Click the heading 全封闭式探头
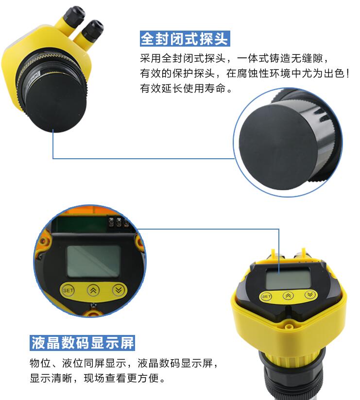[x=185, y=39]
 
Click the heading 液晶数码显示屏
[x=82, y=343]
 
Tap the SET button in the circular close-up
[x=68, y=290]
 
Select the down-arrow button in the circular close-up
[x=119, y=290]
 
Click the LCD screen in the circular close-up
[x=93, y=261]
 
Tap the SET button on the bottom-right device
[x=266, y=297]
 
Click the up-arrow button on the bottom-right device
[x=288, y=296]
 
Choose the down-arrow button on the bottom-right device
[x=310, y=294]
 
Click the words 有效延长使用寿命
[x=183, y=88]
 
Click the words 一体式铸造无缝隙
[x=280, y=59]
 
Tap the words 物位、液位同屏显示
[x=78, y=363]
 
